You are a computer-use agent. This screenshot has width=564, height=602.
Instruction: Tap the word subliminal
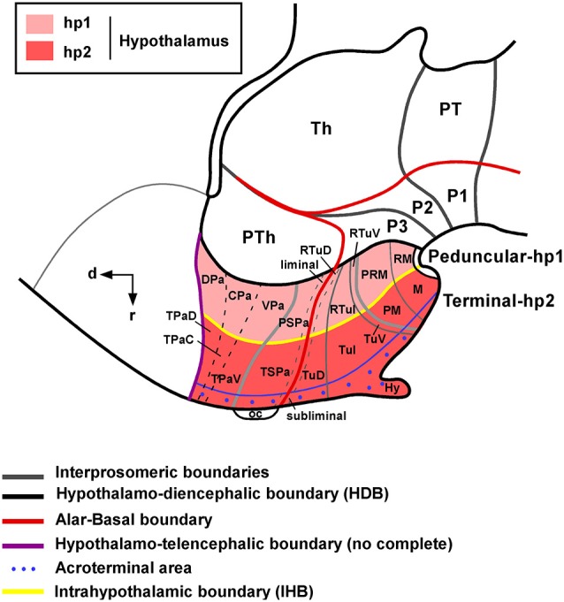click(x=316, y=415)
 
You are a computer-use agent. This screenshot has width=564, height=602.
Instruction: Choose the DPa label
click(x=212, y=279)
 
